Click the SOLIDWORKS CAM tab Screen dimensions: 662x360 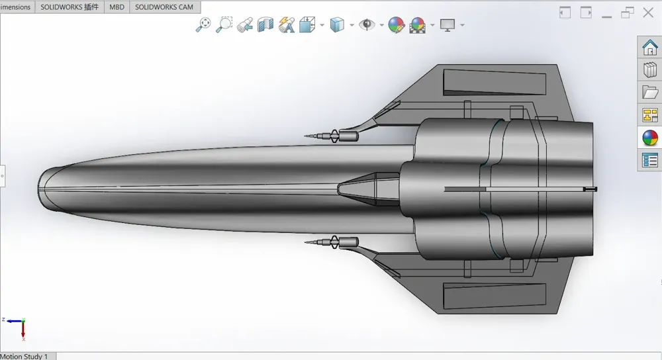(x=164, y=7)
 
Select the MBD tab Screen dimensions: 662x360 (x=117, y=7)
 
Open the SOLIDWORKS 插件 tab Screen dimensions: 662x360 (x=70, y=7)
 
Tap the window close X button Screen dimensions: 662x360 (x=648, y=13)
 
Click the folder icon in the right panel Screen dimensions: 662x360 (x=650, y=92)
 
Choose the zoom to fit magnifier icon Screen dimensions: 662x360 (x=203, y=25)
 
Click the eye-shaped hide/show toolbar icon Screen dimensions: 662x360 (x=367, y=24)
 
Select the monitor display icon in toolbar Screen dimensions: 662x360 (x=448, y=25)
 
